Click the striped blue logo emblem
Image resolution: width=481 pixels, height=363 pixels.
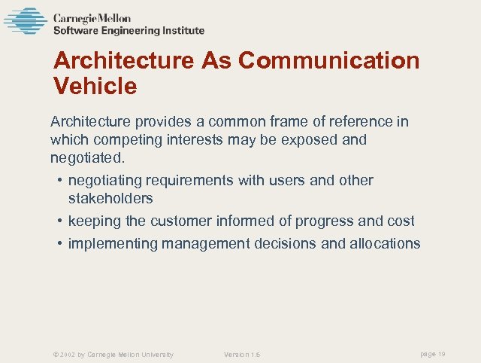tap(25, 21)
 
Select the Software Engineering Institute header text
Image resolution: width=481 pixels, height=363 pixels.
tap(129, 31)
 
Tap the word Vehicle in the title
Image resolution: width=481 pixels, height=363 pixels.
tap(95, 86)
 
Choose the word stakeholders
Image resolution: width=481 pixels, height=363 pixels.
tap(110, 199)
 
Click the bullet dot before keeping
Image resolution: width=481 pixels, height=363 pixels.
tap(58, 221)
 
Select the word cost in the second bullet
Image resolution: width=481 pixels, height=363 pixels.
tap(401, 221)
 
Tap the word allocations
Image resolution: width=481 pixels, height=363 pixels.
tap(385, 244)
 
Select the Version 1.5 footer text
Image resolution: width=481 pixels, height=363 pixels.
tap(242, 354)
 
